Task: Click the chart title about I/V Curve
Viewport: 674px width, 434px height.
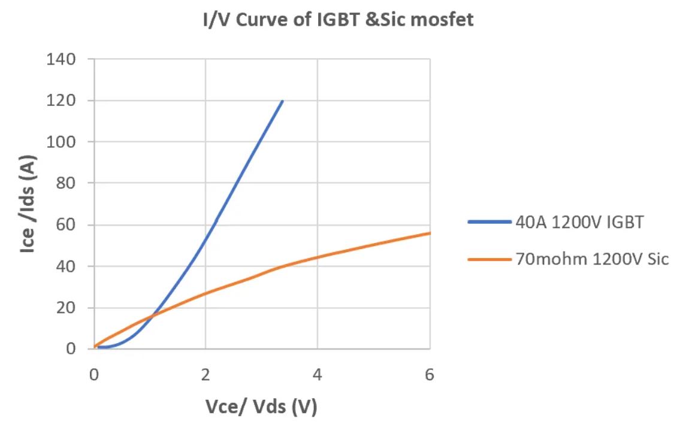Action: click(x=337, y=20)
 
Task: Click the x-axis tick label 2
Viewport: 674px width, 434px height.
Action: click(x=205, y=375)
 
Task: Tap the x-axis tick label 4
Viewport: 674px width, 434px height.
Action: click(x=318, y=375)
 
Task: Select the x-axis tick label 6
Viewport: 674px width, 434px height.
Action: click(x=429, y=375)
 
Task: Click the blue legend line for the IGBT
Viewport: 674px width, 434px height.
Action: click(x=488, y=223)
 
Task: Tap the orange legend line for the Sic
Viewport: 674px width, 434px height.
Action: click(x=488, y=259)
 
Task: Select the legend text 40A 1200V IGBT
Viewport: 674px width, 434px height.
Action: click(x=579, y=223)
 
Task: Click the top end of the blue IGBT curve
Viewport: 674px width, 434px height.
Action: click(x=282, y=101)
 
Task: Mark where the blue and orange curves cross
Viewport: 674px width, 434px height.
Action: click(x=153, y=314)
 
